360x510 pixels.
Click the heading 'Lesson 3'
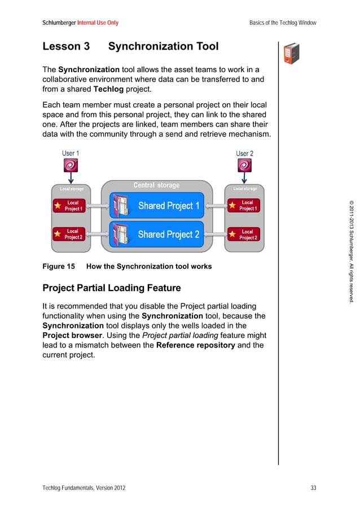coord(66,46)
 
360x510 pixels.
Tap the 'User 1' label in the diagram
coord(71,153)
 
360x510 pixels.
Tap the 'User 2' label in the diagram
coord(244,153)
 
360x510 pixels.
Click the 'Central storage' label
coord(156,185)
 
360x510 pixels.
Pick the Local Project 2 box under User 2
coord(244,234)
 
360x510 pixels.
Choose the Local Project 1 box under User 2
coord(244,205)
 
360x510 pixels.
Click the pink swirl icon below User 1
coord(71,165)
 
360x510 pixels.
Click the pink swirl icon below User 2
coord(244,165)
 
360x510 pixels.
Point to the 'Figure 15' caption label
coord(59,266)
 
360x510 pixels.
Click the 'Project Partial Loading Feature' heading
coord(112,288)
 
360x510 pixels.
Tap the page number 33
coord(313,487)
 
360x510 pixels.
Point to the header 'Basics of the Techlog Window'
coord(283,23)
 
